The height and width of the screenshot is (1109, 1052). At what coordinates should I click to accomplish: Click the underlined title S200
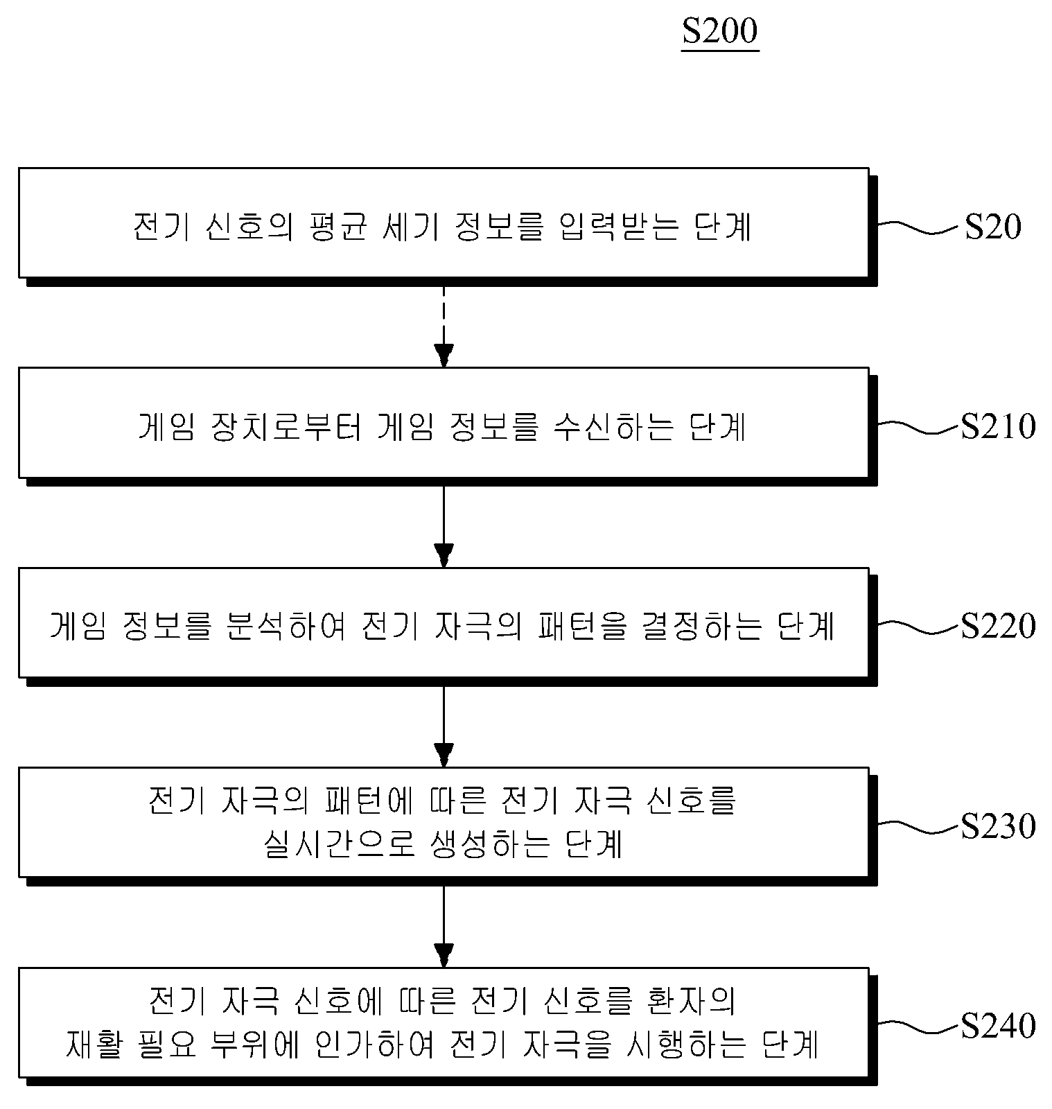720,32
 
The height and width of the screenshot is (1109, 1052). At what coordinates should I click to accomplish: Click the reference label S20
993,227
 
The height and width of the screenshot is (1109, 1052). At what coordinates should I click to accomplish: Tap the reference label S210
998,426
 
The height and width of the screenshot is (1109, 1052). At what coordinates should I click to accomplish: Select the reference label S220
998,626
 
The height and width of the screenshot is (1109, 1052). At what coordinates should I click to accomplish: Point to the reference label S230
998,826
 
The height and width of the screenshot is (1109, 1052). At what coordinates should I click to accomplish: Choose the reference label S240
998,1025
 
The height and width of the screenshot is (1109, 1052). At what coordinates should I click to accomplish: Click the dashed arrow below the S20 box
444,326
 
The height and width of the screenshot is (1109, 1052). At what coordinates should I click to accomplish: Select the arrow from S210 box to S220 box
444,526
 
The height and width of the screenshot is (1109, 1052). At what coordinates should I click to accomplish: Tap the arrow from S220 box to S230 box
444,726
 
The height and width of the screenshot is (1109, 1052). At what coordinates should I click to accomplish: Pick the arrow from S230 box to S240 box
444,925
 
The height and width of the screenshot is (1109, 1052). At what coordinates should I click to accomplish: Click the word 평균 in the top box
335,227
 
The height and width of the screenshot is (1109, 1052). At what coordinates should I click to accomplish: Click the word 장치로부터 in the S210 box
286,426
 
